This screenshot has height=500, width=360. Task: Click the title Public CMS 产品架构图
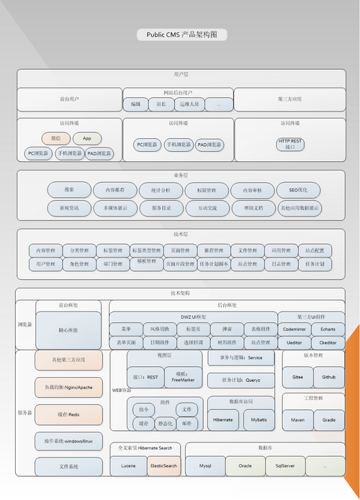(181, 34)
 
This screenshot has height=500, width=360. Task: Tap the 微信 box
(55, 138)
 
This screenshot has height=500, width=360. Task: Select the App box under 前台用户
(86, 138)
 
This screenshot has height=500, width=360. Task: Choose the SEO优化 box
(298, 190)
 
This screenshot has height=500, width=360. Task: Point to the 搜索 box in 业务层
(69, 190)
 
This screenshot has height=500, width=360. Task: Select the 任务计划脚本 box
(214, 264)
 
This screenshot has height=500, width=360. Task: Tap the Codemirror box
(294, 329)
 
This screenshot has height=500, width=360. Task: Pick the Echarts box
(328, 329)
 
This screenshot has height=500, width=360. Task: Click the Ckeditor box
(328, 342)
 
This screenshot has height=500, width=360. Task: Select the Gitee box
(297, 376)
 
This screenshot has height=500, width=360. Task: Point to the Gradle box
(329, 418)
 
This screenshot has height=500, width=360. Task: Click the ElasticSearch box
(163, 466)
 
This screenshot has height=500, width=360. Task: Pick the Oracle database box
(246, 466)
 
